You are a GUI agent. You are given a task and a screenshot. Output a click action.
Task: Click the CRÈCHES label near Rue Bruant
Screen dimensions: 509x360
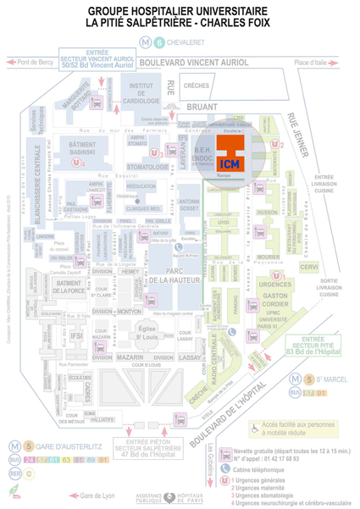click(197, 86)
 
